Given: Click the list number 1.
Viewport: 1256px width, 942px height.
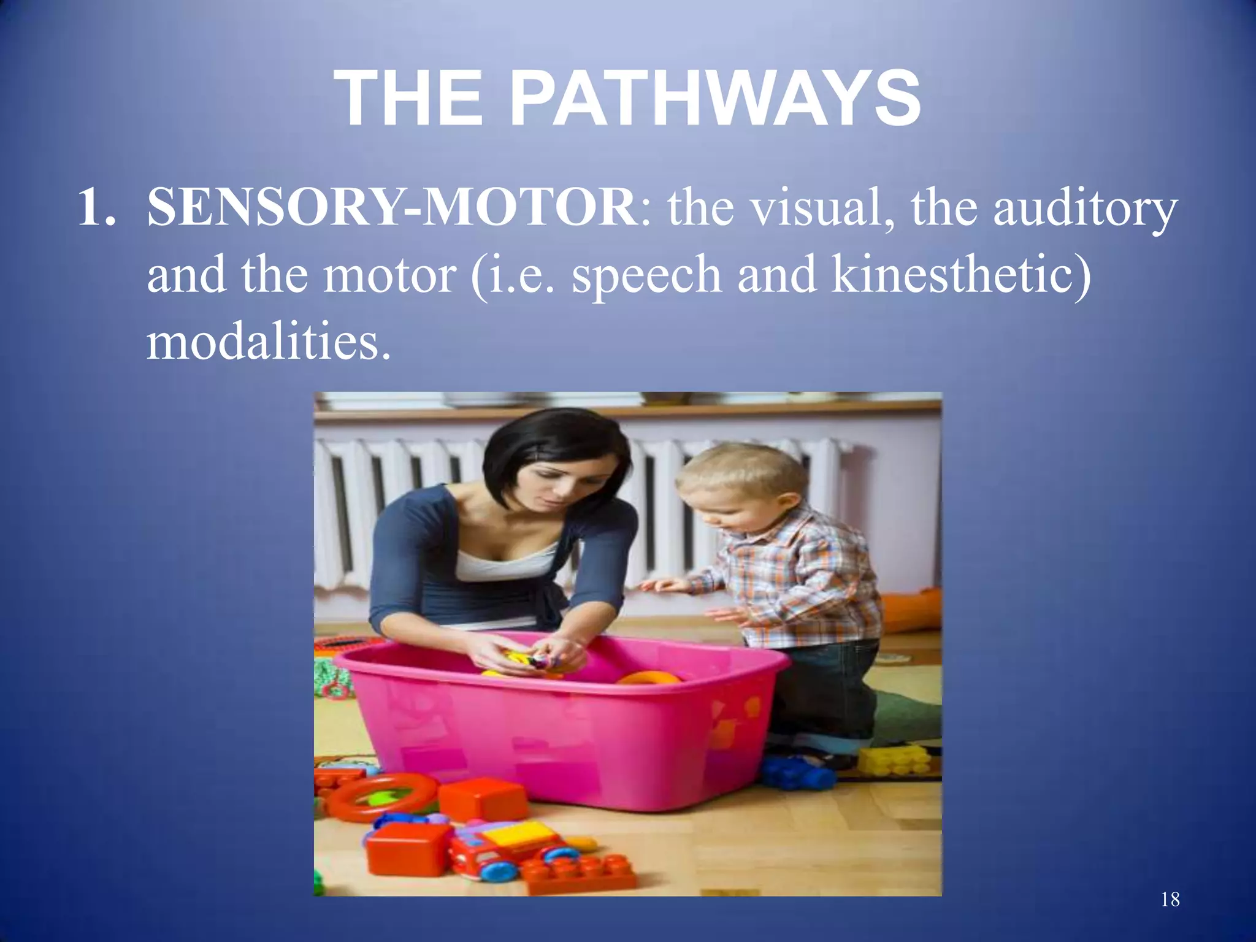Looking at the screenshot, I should [x=97, y=209].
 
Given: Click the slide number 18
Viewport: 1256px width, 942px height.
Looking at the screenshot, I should [x=1170, y=900].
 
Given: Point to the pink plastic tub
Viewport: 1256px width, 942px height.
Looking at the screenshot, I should [x=552, y=730].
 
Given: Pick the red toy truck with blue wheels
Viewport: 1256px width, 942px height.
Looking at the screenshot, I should [x=509, y=849].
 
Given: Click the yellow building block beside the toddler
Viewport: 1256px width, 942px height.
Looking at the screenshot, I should [x=892, y=760].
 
